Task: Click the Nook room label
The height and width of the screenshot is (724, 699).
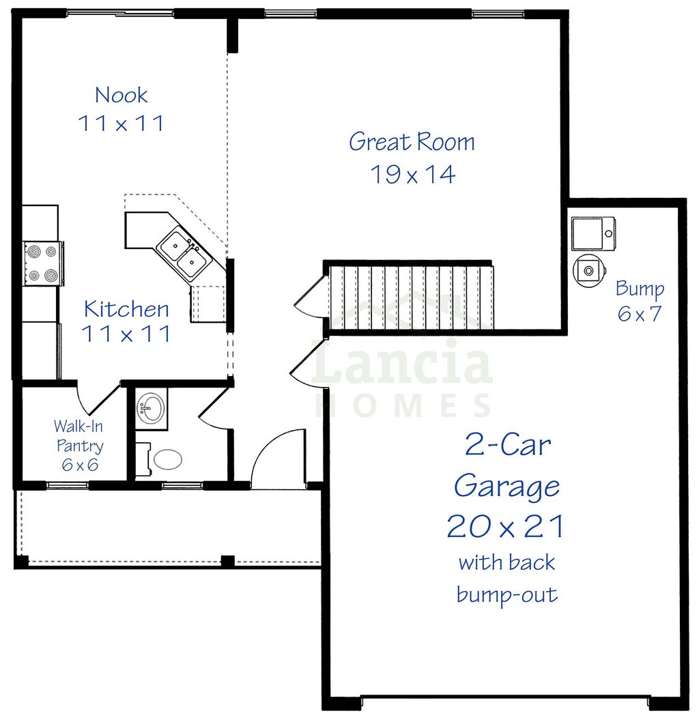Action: pos(122,95)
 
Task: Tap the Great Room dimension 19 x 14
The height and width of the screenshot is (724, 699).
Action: pos(412,175)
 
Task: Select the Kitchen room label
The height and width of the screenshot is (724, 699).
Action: pos(126,309)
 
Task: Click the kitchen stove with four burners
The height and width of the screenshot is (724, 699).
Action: pos(42,263)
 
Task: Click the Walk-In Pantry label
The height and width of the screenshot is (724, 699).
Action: pos(79,446)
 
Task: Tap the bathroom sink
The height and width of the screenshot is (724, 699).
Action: pos(151,409)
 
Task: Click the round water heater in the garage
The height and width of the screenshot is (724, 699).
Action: pos(588,270)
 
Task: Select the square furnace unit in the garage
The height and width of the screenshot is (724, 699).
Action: pos(593,234)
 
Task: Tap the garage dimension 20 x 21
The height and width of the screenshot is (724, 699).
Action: pos(506,527)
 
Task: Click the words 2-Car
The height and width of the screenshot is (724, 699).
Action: pos(507,445)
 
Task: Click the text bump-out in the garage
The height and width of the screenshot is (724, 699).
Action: pos(507,595)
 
